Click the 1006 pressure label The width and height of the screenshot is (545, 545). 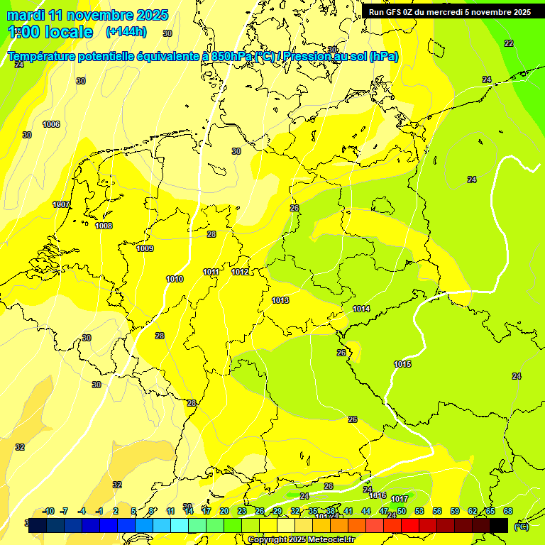(x=51, y=125)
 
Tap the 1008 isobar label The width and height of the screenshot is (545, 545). (x=104, y=226)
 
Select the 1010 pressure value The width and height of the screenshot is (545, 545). (x=175, y=280)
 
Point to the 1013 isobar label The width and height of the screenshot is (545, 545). (x=280, y=301)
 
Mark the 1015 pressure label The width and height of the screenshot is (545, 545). (x=402, y=365)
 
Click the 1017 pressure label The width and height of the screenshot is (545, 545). (x=400, y=500)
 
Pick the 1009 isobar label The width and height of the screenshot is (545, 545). (x=145, y=249)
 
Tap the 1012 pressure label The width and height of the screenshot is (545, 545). (x=240, y=272)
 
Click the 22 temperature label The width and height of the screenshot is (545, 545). (x=509, y=43)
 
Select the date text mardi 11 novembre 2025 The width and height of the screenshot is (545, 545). (x=87, y=15)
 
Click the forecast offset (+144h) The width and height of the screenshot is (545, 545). (x=126, y=32)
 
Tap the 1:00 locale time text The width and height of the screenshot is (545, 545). (x=50, y=32)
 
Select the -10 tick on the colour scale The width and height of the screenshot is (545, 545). (x=49, y=511)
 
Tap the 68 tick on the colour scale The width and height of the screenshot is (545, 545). (x=508, y=511)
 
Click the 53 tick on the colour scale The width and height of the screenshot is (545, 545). (x=419, y=511)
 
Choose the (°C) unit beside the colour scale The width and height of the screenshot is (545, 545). (x=522, y=527)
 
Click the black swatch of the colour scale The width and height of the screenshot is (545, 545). (x=499, y=525)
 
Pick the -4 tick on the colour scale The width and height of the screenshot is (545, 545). (x=82, y=511)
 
